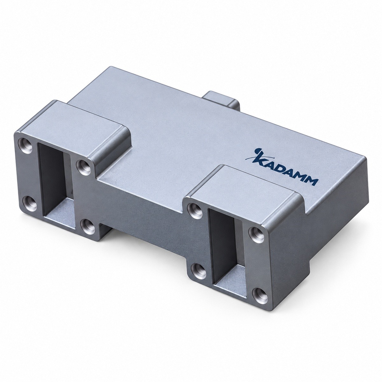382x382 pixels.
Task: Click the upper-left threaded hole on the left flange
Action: (25, 146)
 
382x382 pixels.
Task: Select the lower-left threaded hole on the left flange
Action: (30, 204)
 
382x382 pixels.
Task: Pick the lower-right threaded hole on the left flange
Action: (88, 226)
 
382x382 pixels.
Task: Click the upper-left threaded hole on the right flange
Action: (195, 210)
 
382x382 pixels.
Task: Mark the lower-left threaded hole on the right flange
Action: (198, 271)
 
